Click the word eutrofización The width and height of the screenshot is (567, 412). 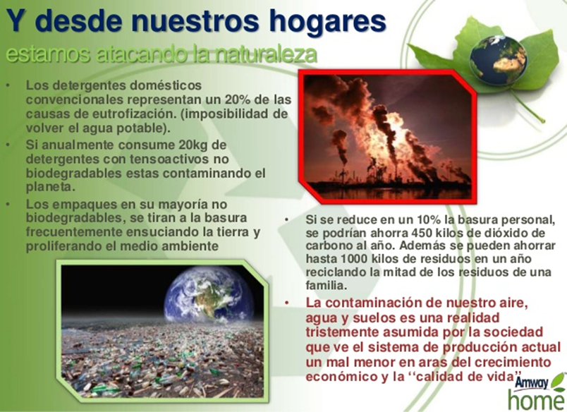pyautogui.click(x=130, y=114)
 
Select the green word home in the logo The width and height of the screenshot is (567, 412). pyautogui.click(x=536, y=400)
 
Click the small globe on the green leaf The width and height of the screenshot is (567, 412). pyautogui.click(x=499, y=60)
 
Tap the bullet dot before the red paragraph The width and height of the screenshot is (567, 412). pyautogui.click(x=288, y=303)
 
